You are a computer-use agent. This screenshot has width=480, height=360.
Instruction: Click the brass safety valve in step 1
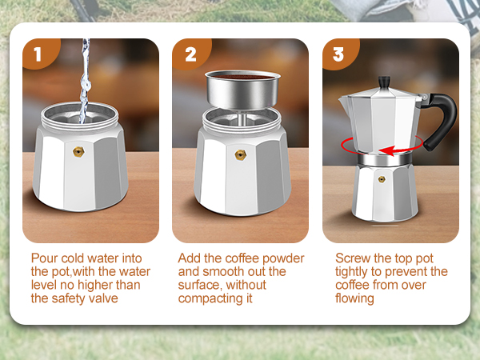(x=78, y=150)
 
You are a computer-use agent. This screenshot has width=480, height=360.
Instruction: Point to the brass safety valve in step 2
(x=239, y=154)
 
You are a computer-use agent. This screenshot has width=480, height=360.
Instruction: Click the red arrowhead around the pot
(x=386, y=150)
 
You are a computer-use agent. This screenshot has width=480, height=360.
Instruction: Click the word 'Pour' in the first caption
(x=45, y=258)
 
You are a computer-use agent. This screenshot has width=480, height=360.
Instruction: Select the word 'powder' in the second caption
(x=285, y=258)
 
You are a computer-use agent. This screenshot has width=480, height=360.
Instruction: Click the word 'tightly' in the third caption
(x=353, y=272)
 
